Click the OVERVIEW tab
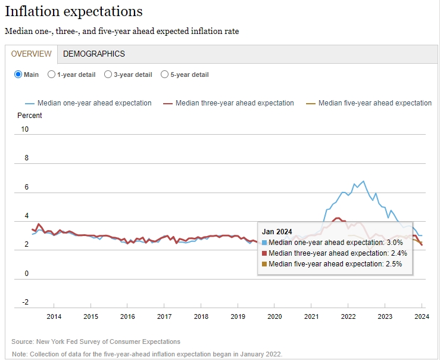(x=32, y=54)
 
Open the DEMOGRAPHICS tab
(x=94, y=54)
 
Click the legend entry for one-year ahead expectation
(x=94, y=103)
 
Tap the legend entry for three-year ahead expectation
(x=235, y=103)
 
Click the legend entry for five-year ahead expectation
(x=375, y=103)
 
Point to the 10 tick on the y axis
(x=24, y=129)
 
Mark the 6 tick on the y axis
(x=26, y=187)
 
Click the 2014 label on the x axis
(x=54, y=316)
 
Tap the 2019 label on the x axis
(x=238, y=316)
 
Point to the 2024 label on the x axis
(x=421, y=316)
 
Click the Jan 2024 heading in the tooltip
(x=277, y=232)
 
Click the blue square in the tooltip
(x=264, y=243)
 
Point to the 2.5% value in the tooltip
(x=394, y=264)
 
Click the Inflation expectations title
(x=74, y=11)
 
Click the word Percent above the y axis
(x=30, y=115)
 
